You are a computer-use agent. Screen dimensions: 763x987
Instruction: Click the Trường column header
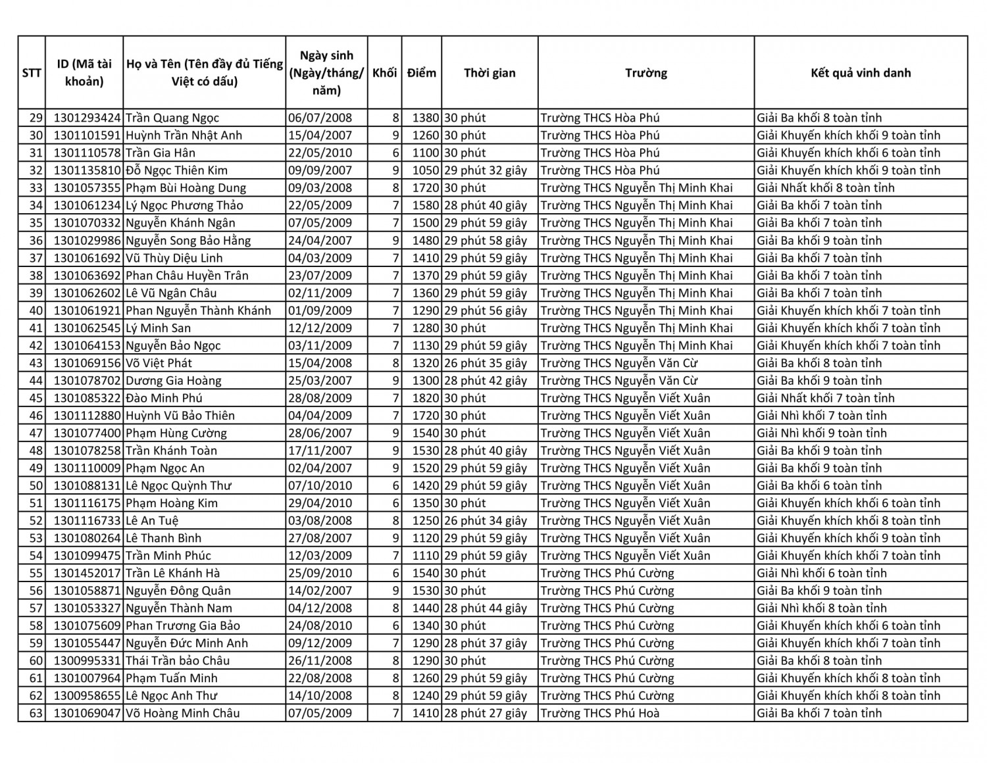click(x=645, y=73)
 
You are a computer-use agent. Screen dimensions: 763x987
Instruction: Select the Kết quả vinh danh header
click(x=860, y=73)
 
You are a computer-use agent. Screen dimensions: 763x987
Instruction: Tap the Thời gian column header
click(x=490, y=73)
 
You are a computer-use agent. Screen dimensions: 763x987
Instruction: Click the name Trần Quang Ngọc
click(x=172, y=118)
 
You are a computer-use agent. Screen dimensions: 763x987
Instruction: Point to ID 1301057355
click(x=87, y=188)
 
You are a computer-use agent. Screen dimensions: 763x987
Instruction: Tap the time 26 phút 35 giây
click(x=486, y=363)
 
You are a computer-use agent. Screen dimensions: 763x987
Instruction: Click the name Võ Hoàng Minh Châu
click(x=182, y=714)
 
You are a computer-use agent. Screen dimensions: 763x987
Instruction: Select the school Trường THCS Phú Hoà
click(x=599, y=714)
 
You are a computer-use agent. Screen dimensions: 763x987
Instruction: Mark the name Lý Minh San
click(x=159, y=328)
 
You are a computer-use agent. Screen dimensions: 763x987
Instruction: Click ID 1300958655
click(x=87, y=696)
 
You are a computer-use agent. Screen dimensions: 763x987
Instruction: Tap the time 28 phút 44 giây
click(x=486, y=608)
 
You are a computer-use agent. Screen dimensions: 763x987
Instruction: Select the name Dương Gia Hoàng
click(x=174, y=381)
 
